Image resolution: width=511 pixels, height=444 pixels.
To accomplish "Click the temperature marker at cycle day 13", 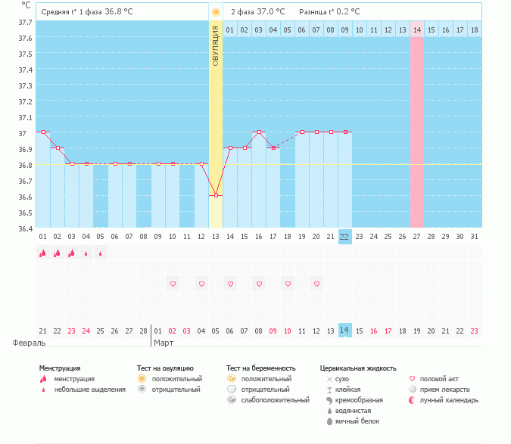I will (217, 195).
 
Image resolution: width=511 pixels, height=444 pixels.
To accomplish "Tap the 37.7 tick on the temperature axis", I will (25, 22).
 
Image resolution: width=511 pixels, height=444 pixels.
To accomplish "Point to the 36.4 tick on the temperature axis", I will (25, 228).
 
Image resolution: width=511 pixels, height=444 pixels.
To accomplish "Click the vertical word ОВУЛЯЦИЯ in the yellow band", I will (216, 45).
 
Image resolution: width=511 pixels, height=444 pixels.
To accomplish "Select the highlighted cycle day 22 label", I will (345, 237).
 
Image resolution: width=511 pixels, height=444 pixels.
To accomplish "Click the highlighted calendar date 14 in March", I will (345, 331).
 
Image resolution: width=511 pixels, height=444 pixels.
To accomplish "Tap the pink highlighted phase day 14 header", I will (417, 29).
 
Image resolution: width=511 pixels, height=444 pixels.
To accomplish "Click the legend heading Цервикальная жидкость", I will (358, 368).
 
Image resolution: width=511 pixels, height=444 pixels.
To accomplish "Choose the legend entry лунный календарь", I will (449, 399).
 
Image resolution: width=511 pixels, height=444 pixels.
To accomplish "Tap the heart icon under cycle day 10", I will (173, 284).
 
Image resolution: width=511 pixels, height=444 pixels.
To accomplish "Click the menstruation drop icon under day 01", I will (42, 254).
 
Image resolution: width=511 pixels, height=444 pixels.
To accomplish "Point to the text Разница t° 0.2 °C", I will (329, 12).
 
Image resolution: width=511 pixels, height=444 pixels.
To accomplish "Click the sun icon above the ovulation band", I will (216, 12).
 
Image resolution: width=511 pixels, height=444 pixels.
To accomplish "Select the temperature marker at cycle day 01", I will (42, 132).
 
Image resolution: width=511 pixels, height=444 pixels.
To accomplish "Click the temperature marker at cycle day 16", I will (259, 132).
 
